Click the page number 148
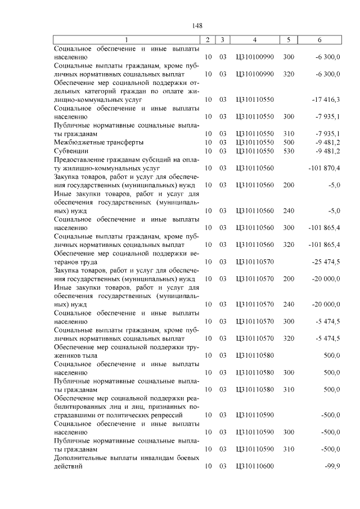tap(197, 26)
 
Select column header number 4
tap(255, 40)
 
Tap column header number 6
tap(319, 40)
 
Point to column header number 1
tap(127, 40)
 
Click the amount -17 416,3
tap(326, 100)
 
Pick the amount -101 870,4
tap(325, 168)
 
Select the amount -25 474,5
tap(326, 262)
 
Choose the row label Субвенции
tap(69, 151)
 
